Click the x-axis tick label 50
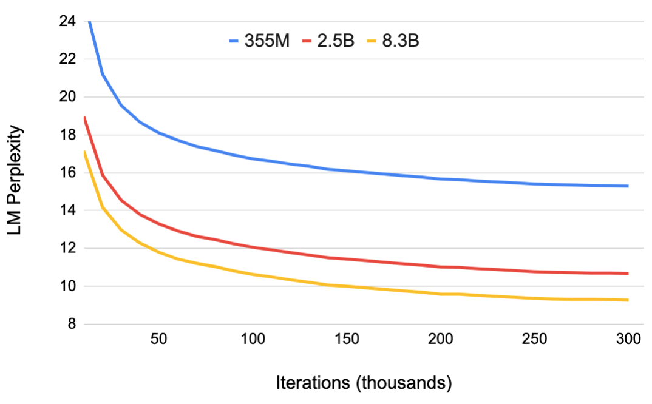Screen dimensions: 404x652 coord(158,340)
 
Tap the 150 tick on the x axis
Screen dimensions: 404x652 coord(347,340)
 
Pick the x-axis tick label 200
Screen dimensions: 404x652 coord(441,340)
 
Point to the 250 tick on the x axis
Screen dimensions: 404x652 coord(535,340)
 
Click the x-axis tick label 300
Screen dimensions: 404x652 coord(628,340)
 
